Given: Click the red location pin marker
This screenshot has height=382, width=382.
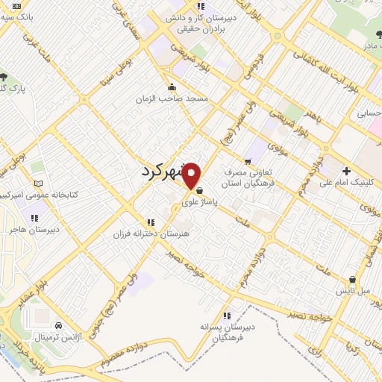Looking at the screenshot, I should (x=192, y=175).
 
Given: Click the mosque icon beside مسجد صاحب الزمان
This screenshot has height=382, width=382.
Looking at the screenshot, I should (x=173, y=87).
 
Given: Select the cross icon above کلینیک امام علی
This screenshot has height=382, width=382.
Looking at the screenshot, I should (x=345, y=171).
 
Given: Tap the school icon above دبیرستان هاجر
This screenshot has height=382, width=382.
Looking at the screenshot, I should (x=34, y=218).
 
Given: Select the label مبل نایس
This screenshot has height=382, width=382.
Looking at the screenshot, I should (x=351, y=292).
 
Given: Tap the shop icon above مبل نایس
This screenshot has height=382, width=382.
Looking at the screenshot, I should (x=351, y=281).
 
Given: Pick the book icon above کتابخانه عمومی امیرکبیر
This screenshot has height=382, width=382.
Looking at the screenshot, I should (x=39, y=184).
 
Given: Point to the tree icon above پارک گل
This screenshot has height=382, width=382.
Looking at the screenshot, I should (x=4, y=78).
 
